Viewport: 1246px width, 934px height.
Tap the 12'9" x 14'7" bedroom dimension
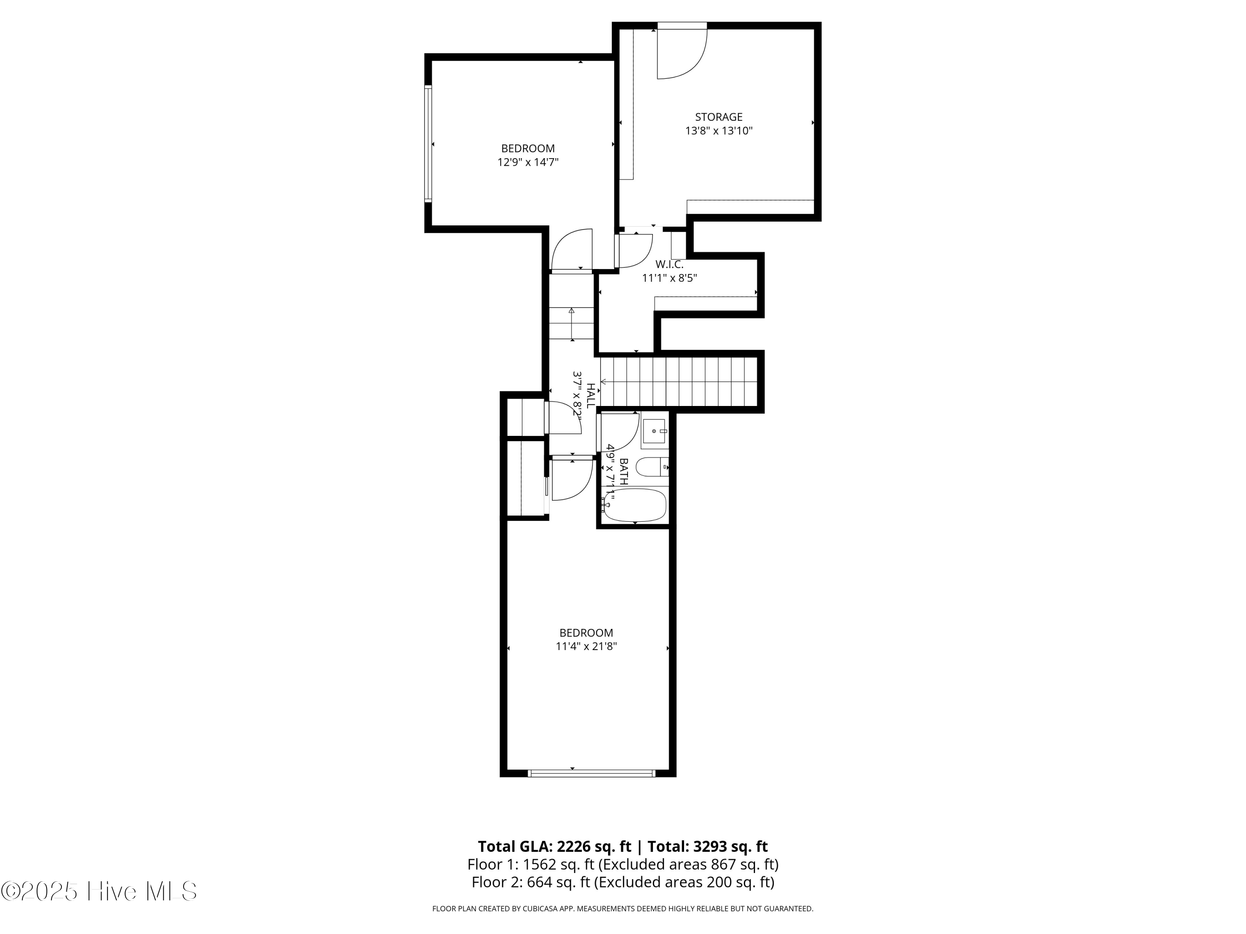(x=528, y=163)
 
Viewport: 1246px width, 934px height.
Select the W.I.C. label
(x=669, y=264)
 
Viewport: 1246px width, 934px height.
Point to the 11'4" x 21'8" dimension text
(x=586, y=646)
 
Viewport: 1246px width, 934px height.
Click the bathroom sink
(x=654, y=431)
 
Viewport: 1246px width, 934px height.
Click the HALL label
(x=590, y=396)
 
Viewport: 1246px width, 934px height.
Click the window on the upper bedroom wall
(x=428, y=144)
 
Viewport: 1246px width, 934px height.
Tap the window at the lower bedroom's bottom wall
(x=591, y=773)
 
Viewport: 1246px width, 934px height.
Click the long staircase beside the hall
(x=679, y=382)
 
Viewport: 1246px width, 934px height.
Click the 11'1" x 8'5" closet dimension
(x=669, y=278)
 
